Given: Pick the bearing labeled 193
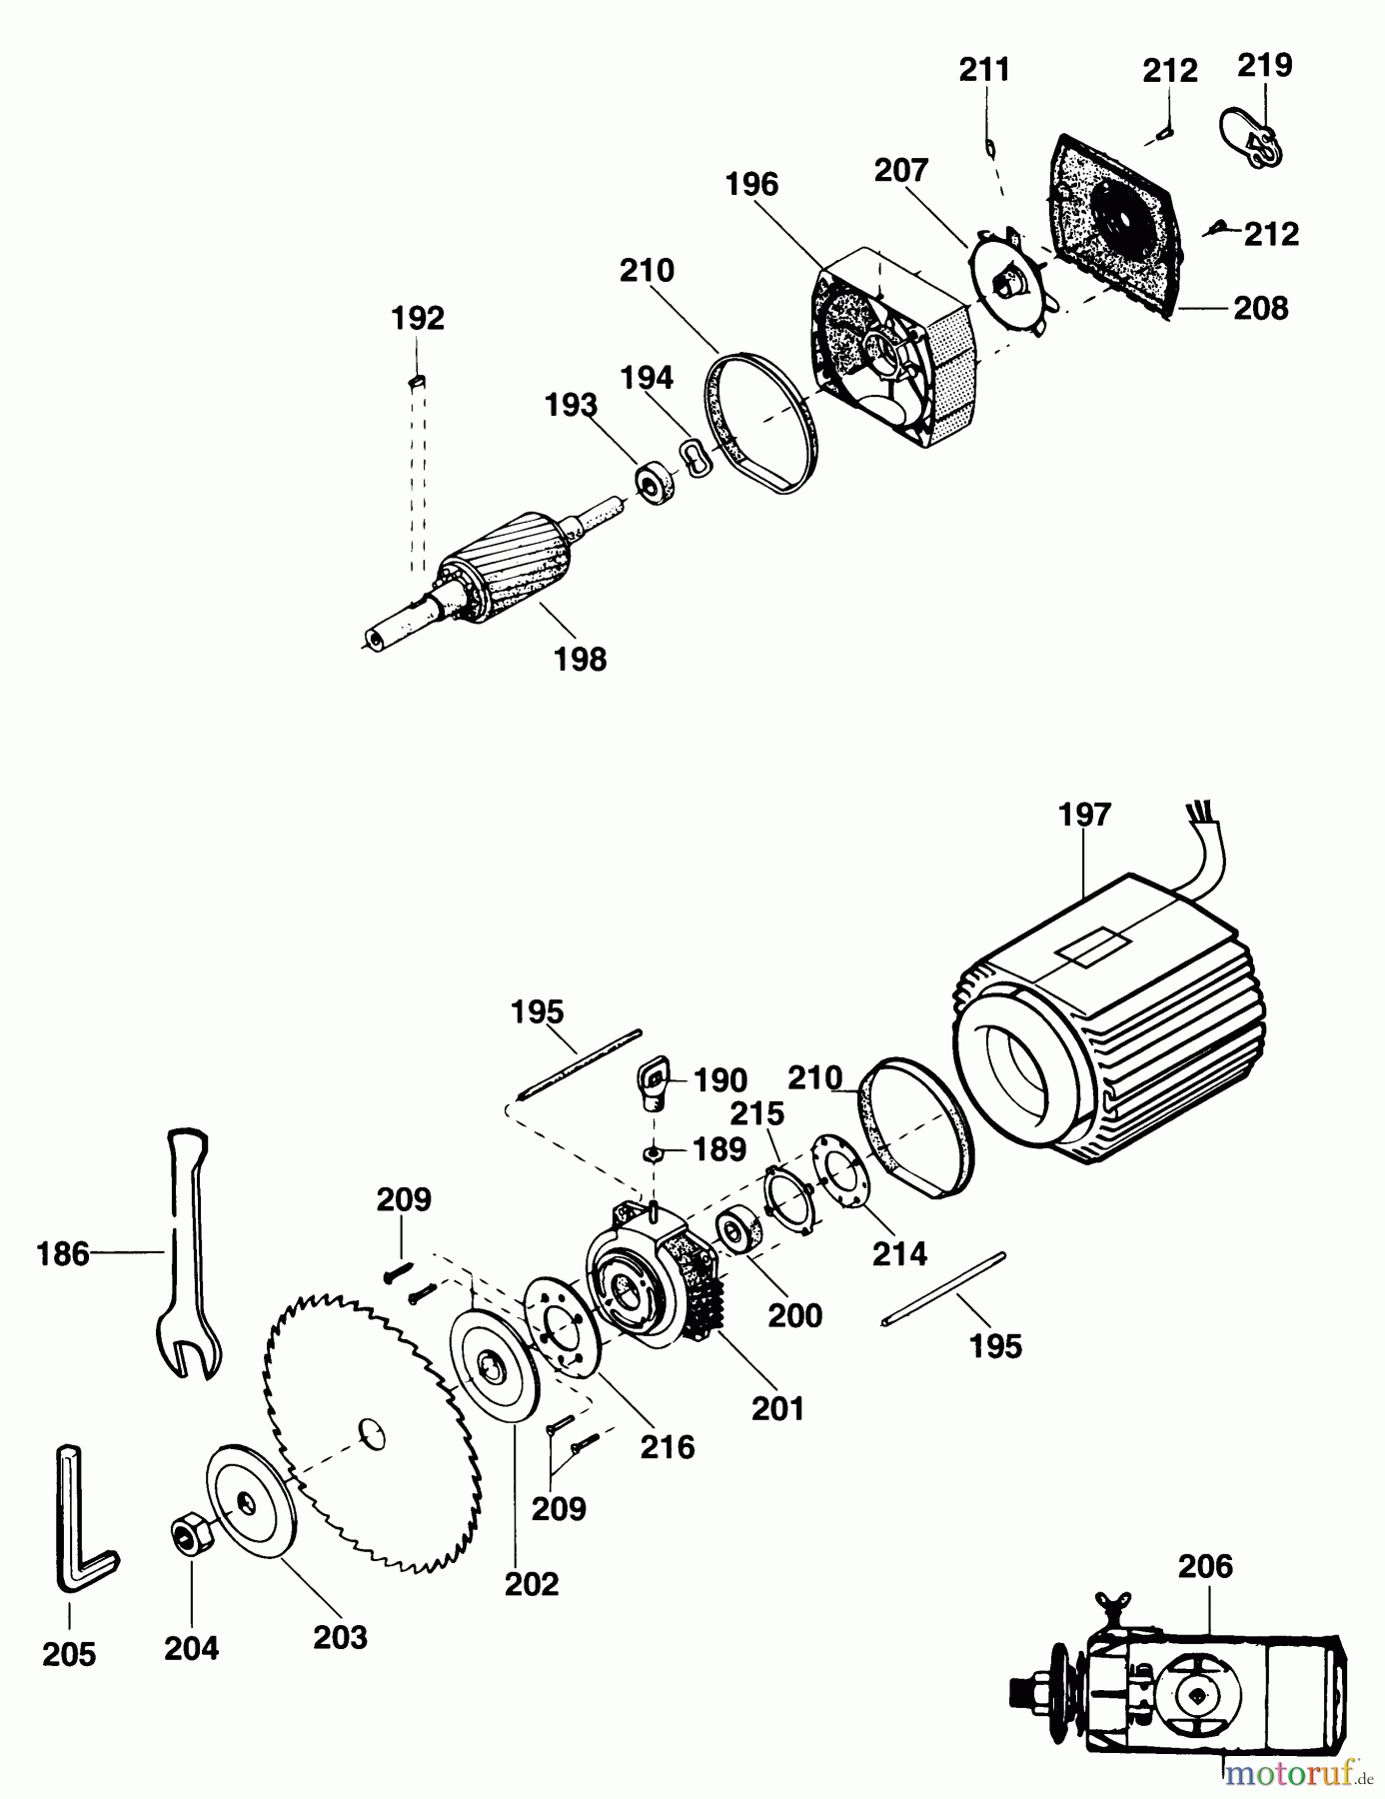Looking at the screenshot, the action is pyautogui.click(x=656, y=483).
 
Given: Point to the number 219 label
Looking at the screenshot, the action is pyautogui.click(x=1264, y=65).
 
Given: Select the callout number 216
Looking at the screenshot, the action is pyautogui.click(x=668, y=1446).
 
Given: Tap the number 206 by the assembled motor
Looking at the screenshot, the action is pyautogui.click(x=1205, y=1565).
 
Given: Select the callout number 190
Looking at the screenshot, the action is pyautogui.click(x=720, y=1080).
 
